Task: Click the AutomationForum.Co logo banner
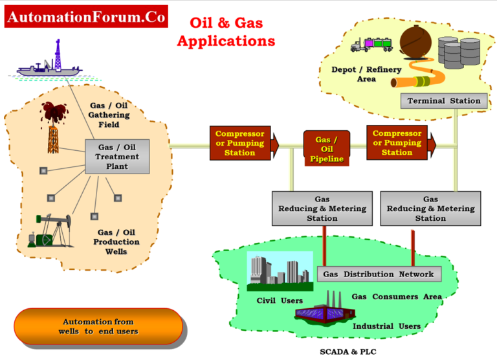pos(86,17)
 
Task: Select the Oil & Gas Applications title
pos(226,32)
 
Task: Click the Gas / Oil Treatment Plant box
pos(117,157)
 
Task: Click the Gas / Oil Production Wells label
pos(118,242)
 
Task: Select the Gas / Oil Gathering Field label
pos(109,115)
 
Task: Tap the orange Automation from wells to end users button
pos(98,326)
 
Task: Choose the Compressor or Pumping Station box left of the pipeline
pos(240,143)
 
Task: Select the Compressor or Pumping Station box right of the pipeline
pos(397,143)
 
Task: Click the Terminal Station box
pos(443,101)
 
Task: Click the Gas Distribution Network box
pos(379,274)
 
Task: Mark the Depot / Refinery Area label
pos(366,74)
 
